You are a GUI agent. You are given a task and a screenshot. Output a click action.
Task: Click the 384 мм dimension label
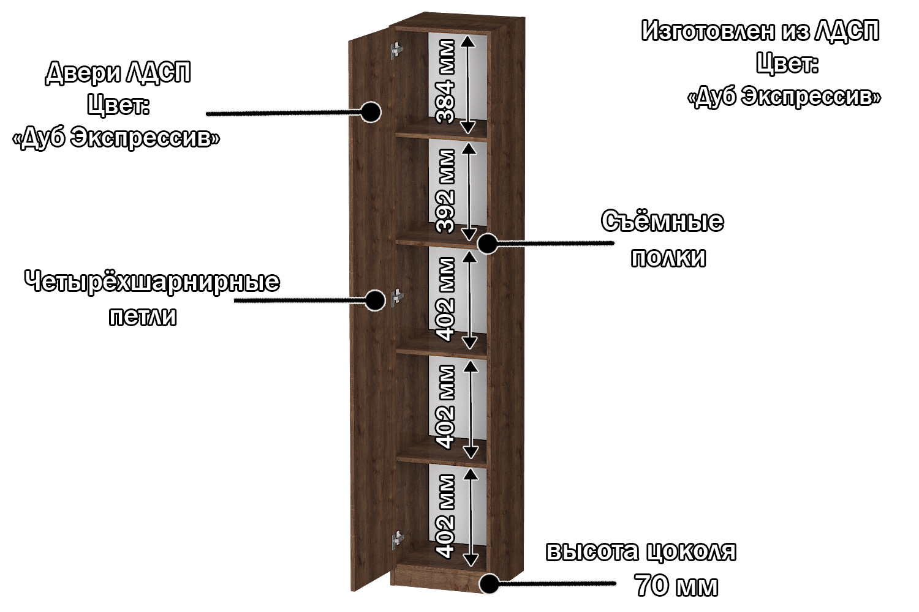pos(445,81)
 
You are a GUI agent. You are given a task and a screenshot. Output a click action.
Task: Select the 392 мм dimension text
pos(445,191)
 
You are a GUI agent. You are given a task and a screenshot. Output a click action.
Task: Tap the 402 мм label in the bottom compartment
pos(445,517)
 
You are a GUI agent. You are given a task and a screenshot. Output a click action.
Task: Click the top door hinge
pos(397,50)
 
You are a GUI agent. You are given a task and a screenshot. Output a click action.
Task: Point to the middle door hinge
pos(397,297)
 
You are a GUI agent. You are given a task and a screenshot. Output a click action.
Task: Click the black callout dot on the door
pos(371,112)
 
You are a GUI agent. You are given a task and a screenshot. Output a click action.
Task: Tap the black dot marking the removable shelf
pos(488,244)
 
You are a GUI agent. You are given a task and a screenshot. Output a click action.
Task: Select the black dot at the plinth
pos(489,583)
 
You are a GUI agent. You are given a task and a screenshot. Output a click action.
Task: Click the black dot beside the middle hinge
pos(374,300)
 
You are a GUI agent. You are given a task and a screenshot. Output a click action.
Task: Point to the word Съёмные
pos(662,221)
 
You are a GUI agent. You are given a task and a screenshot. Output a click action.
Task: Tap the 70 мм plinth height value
pos(676,585)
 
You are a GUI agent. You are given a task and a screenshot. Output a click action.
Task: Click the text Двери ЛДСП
pos(118,73)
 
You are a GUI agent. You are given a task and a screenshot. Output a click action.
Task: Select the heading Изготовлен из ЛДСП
pos(760,31)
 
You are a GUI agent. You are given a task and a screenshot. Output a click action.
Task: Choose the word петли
pos(143,316)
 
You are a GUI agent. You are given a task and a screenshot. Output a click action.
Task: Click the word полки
pos(668,258)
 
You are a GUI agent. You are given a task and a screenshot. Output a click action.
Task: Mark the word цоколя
pos(692,551)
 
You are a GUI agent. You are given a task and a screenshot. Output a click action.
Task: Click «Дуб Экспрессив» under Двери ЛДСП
pos(116,137)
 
